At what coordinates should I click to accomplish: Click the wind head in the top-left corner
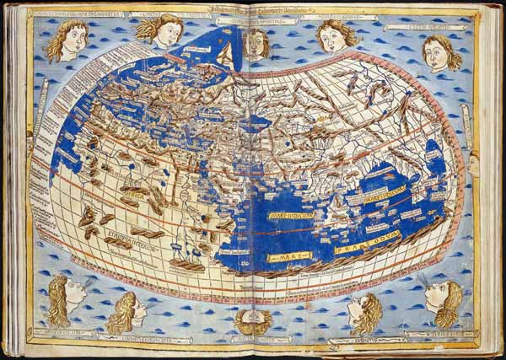coord(67,40)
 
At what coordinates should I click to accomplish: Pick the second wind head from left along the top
coord(163,30)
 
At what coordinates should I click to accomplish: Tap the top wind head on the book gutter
coord(256,42)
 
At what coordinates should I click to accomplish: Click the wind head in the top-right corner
coord(440,52)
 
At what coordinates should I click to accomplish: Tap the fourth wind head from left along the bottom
coord(365,312)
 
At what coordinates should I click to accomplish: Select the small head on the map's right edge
coord(473,165)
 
